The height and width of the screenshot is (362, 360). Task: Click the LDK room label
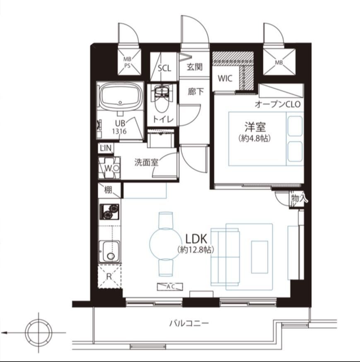pyautogui.click(x=196, y=239)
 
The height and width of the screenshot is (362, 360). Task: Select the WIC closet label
pyautogui.click(x=225, y=79)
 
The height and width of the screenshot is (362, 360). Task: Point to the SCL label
pyautogui.click(x=164, y=68)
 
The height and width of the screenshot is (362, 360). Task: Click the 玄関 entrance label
pyautogui.click(x=195, y=67)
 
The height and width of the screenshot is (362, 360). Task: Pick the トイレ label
pyautogui.click(x=163, y=120)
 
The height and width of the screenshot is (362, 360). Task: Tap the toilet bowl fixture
pyautogui.click(x=162, y=100)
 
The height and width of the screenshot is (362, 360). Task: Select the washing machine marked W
pyautogui.click(x=109, y=168)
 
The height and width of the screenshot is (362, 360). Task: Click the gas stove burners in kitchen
pyautogui.click(x=109, y=212)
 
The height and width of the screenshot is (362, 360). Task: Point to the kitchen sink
pyautogui.click(x=109, y=252)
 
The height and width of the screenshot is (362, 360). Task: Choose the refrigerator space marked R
pyautogui.click(x=109, y=276)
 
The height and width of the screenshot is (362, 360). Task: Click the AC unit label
pyautogui.click(x=170, y=287)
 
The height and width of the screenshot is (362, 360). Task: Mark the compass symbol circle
pyautogui.click(x=39, y=333)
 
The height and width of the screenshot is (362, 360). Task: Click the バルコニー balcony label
pyautogui.click(x=189, y=323)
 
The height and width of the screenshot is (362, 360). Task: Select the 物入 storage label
pyautogui.click(x=300, y=198)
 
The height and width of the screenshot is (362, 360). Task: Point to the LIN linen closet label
pyautogui.click(x=106, y=148)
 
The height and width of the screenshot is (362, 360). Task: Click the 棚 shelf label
pyautogui.click(x=108, y=190)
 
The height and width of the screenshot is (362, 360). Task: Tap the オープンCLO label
pyautogui.click(x=278, y=104)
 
